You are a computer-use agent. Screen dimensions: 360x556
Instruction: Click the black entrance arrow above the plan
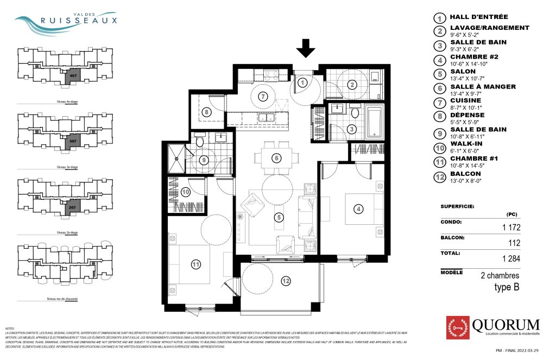[306, 49]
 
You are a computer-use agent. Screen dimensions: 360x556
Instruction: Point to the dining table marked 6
[276, 158]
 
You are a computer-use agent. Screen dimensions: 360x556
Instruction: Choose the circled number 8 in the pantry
[206, 112]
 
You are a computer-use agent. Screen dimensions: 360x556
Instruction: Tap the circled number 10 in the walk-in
[185, 192]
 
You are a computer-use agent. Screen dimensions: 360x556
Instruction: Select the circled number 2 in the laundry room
[352, 84]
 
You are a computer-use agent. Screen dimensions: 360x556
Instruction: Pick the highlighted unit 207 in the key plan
[72, 207]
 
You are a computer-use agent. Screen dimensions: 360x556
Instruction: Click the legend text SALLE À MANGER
[483, 87]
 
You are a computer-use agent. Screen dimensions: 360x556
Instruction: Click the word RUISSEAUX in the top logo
[79, 21]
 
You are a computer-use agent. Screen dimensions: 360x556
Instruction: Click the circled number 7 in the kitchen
[264, 97]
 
